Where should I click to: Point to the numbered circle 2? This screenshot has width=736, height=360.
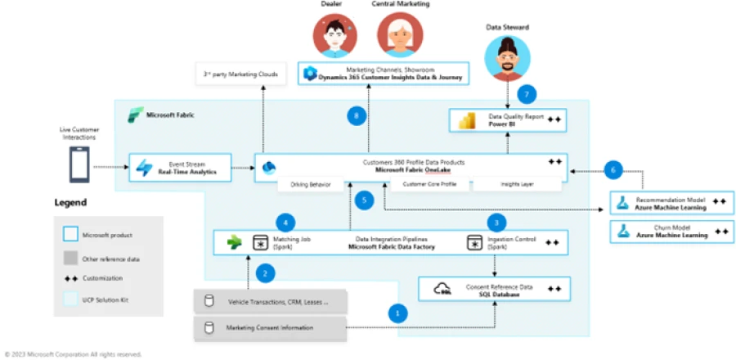(x=263, y=273)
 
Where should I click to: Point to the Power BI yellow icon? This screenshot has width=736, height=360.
(x=469, y=121)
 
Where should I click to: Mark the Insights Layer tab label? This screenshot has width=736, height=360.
(x=516, y=185)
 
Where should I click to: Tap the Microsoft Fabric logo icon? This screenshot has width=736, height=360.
(x=134, y=115)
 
